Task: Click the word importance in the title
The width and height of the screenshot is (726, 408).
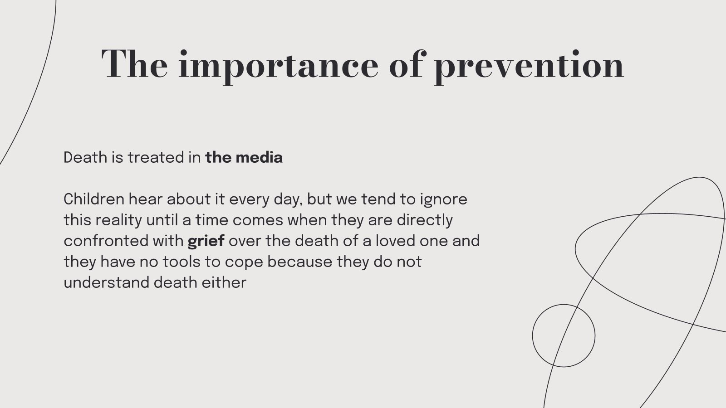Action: tap(279, 65)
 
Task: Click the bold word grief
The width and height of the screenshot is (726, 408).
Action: tap(206, 241)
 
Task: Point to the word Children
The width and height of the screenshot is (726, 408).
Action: tap(94, 199)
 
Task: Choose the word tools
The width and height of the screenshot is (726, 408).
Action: tap(181, 262)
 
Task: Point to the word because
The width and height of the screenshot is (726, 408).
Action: tap(300, 262)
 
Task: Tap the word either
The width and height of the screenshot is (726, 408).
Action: tap(224, 283)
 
